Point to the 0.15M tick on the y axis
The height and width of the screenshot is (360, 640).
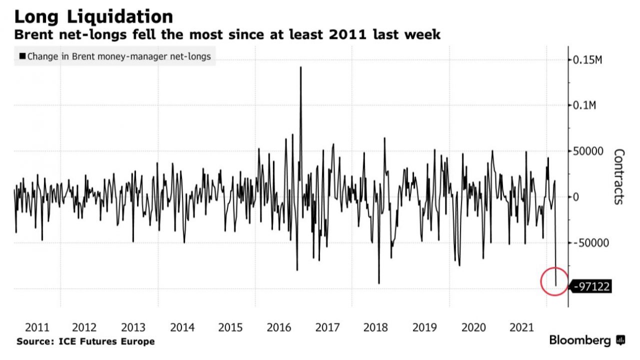tap(586, 60)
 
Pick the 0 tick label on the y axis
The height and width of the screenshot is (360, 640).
tap(576, 197)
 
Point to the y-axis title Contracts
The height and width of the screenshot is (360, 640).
tap(618, 176)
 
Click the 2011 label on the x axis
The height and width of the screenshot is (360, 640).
tap(37, 327)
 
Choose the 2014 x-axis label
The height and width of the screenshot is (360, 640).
tap(182, 327)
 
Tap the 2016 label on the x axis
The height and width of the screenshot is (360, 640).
tap(279, 327)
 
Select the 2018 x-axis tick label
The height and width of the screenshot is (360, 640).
tap(376, 327)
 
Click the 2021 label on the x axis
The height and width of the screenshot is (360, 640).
tap(521, 327)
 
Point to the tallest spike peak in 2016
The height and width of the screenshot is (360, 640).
tap(300, 67)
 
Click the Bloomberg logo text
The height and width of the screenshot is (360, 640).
tap(580, 340)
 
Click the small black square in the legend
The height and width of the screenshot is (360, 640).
tap(22, 56)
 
